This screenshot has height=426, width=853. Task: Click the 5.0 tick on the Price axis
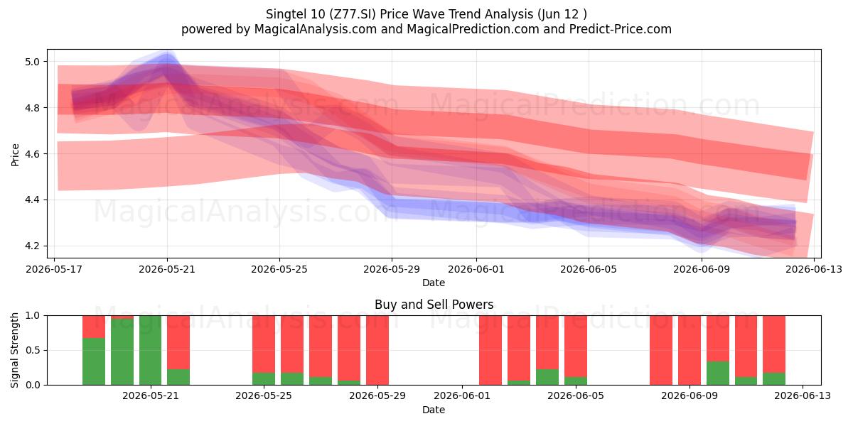click(x=32, y=62)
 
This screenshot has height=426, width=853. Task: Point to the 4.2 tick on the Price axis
click(x=32, y=246)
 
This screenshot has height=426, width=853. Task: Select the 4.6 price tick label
click(x=32, y=154)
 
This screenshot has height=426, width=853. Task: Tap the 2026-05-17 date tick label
click(x=54, y=269)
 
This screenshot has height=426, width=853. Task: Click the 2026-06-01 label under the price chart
click(x=476, y=269)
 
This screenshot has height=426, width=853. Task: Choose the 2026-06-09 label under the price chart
click(x=702, y=269)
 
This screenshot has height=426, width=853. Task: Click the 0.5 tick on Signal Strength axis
click(x=32, y=350)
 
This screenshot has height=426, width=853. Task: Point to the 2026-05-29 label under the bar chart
click(x=377, y=395)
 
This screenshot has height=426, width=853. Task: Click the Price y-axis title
click(x=15, y=155)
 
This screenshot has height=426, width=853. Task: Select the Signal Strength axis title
click(x=14, y=350)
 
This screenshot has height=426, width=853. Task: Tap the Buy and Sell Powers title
click(x=434, y=305)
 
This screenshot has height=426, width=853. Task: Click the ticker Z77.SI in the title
click(x=353, y=14)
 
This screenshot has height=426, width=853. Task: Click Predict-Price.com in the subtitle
click(x=621, y=29)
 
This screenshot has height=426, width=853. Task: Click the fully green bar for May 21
click(x=151, y=350)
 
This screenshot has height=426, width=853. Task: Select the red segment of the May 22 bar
click(x=178, y=342)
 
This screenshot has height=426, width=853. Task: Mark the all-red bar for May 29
click(x=377, y=350)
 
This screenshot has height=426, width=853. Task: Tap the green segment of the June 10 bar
click(x=718, y=373)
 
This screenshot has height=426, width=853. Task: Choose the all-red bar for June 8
click(x=661, y=350)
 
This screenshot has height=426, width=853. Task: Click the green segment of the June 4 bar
click(x=547, y=377)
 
